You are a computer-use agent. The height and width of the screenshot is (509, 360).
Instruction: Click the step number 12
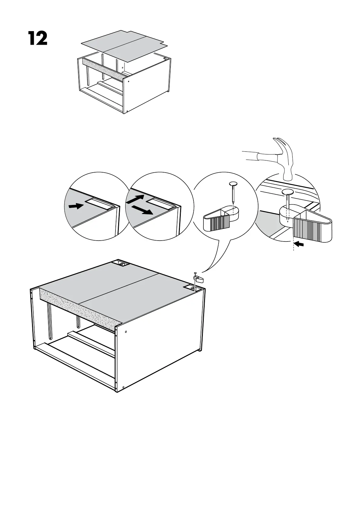tap(38, 38)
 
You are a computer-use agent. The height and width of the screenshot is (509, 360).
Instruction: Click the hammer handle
tap(257, 156)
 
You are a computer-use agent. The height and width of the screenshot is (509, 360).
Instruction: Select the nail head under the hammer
tap(287, 192)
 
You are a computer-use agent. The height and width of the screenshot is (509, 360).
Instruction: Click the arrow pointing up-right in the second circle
tap(135, 200)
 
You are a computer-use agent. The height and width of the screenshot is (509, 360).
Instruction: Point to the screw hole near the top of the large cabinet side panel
tap(126, 332)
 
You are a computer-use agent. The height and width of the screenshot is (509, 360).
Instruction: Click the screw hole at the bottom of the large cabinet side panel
tap(123, 387)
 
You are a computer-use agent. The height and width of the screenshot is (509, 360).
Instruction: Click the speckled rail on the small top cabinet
tap(103, 70)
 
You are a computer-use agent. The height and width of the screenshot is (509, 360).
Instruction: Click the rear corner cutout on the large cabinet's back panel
tap(122, 264)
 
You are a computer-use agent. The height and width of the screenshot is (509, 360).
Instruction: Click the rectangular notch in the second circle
tap(160, 203)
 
